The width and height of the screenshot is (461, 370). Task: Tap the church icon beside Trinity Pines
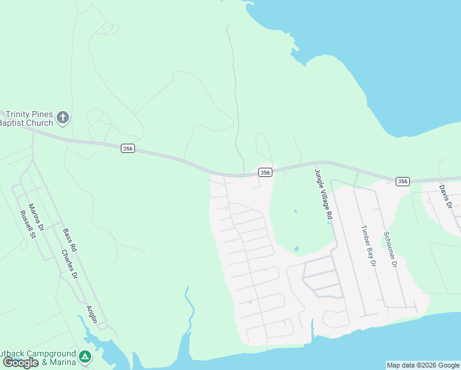point(62,117)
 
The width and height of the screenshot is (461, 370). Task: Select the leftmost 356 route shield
point(128,149)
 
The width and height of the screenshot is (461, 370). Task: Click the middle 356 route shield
point(265,173)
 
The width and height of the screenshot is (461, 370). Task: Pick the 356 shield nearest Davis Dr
point(402,181)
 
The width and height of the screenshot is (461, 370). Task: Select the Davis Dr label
point(446,197)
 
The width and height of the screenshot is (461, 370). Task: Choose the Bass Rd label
point(69,239)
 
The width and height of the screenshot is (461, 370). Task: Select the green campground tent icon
point(85,356)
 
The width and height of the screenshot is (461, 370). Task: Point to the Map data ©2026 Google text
point(423,365)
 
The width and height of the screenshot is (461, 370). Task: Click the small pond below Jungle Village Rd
point(296,249)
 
